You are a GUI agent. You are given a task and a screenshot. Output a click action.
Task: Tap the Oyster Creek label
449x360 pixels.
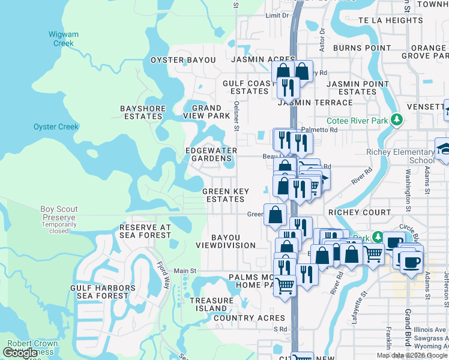tap(56, 127)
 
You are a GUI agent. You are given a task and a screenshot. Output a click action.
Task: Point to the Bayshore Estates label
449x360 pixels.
tap(142, 112)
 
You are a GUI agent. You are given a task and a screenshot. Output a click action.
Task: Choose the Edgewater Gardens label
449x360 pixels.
tap(211, 154)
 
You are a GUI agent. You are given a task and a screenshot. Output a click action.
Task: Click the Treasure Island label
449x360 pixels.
tap(212, 304)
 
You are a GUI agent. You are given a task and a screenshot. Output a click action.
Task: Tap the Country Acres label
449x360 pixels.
tap(249, 318)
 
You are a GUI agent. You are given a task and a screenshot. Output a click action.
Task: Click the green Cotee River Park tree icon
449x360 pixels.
tap(396, 119)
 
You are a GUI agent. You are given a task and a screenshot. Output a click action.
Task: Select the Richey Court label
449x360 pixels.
tap(360, 212)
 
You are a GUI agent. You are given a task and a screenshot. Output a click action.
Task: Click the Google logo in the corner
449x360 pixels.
tap(20, 353)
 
